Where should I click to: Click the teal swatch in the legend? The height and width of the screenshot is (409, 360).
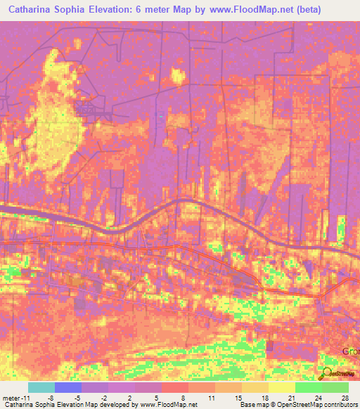click(41, 387)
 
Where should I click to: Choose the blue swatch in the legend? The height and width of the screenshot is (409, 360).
click(68, 387)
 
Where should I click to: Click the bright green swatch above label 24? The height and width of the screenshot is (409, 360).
click(309, 387)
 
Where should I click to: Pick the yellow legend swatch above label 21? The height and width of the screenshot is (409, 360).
click(282, 387)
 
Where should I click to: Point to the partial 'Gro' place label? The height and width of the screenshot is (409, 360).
click(350, 350)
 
